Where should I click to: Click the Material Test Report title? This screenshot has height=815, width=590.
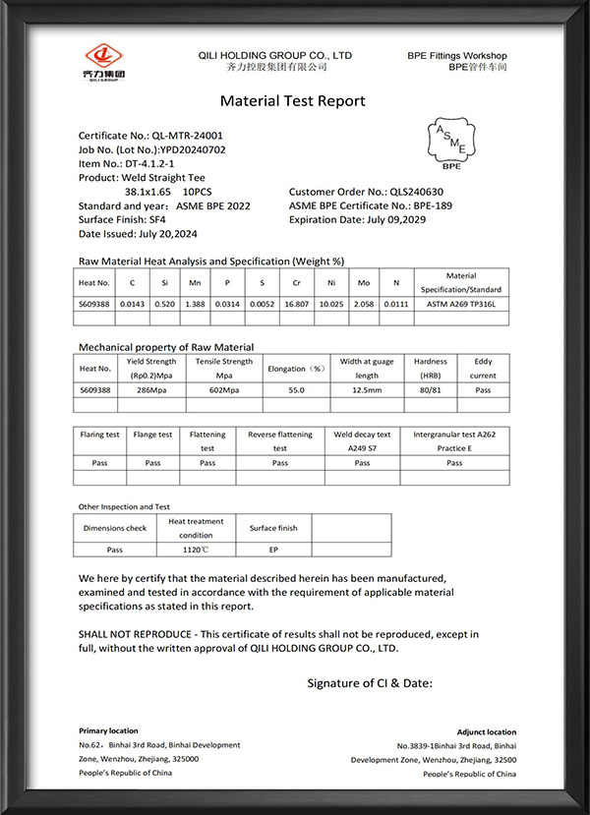point(292,101)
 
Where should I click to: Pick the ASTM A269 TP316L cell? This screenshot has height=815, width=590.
point(460,306)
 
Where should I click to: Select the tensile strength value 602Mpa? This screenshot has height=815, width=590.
point(224,390)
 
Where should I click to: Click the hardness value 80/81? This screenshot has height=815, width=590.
point(430,390)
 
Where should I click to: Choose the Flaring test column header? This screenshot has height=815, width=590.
point(99,435)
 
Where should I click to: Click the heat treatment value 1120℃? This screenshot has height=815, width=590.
point(197,551)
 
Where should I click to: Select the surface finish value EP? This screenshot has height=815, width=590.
point(273,551)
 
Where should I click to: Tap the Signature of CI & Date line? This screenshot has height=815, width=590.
point(370,682)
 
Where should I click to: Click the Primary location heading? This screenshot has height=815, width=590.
point(108,731)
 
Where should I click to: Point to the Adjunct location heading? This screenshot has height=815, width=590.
point(486,732)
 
